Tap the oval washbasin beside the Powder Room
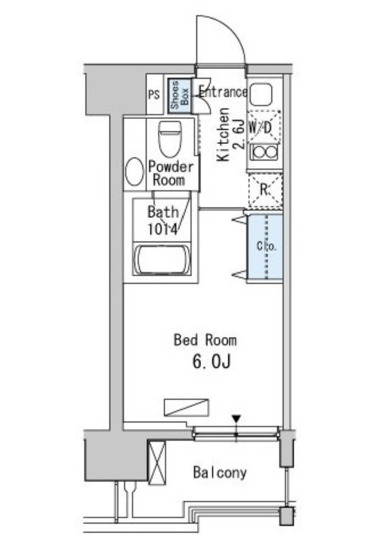pyautogui.click(x=134, y=171)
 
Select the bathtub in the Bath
pyautogui.click(x=162, y=260)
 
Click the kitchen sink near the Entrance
pyautogui.click(x=261, y=94)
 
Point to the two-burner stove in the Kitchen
pyautogui.click(x=264, y=152)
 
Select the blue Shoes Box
pyautogui.click(x=180, y=96)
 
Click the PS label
pyautogui.click(x=154, y=94)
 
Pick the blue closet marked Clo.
pyautogui.click(x=265, y=247)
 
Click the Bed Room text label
pyautogui.click(x=205, y=340)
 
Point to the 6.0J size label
pyautogui.click(x=211, y=362)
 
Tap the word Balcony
pyautogui.click(x=220, y=473)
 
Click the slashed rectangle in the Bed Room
pyautogui.click(x=186, y=407)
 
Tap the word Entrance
pyautogui.click(x=223, y=92)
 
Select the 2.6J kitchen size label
pyautogui.click(x=239, y=134)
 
